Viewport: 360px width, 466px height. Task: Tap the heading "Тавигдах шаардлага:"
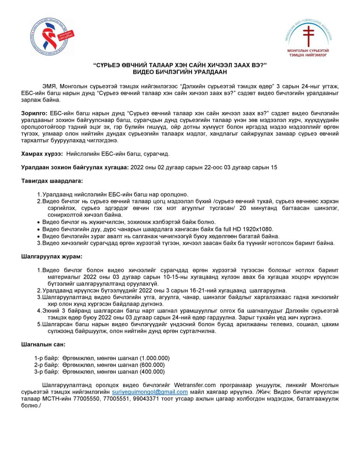(52, 181)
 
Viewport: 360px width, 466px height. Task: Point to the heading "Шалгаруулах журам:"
(51, 257)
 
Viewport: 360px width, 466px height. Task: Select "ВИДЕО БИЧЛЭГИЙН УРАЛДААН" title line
(179, 71)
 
